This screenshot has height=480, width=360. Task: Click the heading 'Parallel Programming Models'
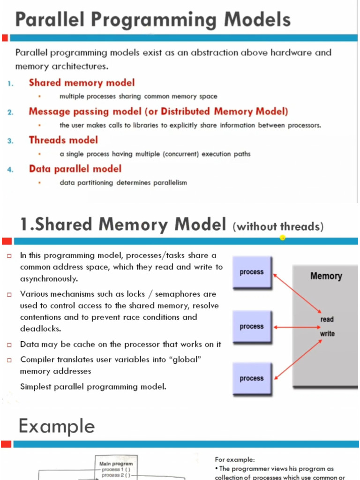[153, 20]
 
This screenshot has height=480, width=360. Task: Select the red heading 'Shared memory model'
[82, 83]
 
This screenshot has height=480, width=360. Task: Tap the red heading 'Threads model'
[63, 140]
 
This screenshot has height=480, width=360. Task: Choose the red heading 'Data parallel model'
[75, 169]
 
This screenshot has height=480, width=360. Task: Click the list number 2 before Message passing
[10, 112]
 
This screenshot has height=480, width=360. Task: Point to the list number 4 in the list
[10, 170]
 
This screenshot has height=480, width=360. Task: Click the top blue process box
[252, 272]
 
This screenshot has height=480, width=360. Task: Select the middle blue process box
[252, 327]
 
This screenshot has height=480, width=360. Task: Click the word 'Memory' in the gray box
[326, 276]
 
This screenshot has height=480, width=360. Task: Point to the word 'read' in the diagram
[327, 319]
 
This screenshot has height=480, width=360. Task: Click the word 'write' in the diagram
[327, 334]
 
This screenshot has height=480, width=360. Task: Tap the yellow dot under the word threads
[283, 238]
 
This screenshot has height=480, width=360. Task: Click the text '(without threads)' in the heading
[278, 227]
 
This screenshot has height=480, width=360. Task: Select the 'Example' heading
[57, 427]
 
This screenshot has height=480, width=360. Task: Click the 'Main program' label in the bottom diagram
[116, 464]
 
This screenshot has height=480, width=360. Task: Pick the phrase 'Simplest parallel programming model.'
[93, 387]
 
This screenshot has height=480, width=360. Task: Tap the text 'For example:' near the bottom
[235, 459]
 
